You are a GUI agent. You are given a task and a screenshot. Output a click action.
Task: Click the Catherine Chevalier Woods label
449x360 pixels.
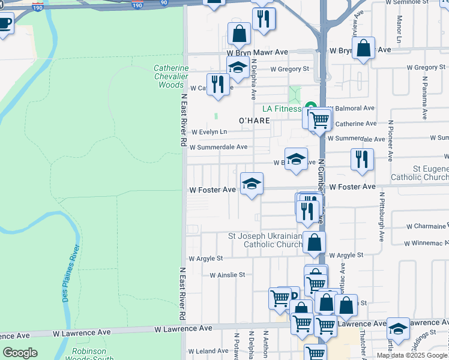171,77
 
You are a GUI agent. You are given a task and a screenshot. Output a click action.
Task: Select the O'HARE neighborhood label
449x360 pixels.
254,121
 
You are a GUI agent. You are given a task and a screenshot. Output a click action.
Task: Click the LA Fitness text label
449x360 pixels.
281,109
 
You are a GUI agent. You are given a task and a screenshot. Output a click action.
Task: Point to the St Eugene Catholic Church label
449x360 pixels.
419,173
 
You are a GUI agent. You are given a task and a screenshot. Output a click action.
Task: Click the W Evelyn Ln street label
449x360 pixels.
209,132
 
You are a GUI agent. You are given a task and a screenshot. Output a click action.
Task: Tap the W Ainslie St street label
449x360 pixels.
227,275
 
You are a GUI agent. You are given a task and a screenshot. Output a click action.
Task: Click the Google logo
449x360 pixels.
20,353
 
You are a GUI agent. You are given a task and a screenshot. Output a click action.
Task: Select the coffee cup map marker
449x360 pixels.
4,24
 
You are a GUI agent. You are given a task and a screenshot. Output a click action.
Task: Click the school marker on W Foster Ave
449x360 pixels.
252,184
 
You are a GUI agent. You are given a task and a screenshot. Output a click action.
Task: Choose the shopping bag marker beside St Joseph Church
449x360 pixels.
314,242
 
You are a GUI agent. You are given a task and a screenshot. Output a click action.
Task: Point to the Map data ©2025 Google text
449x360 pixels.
412,355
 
